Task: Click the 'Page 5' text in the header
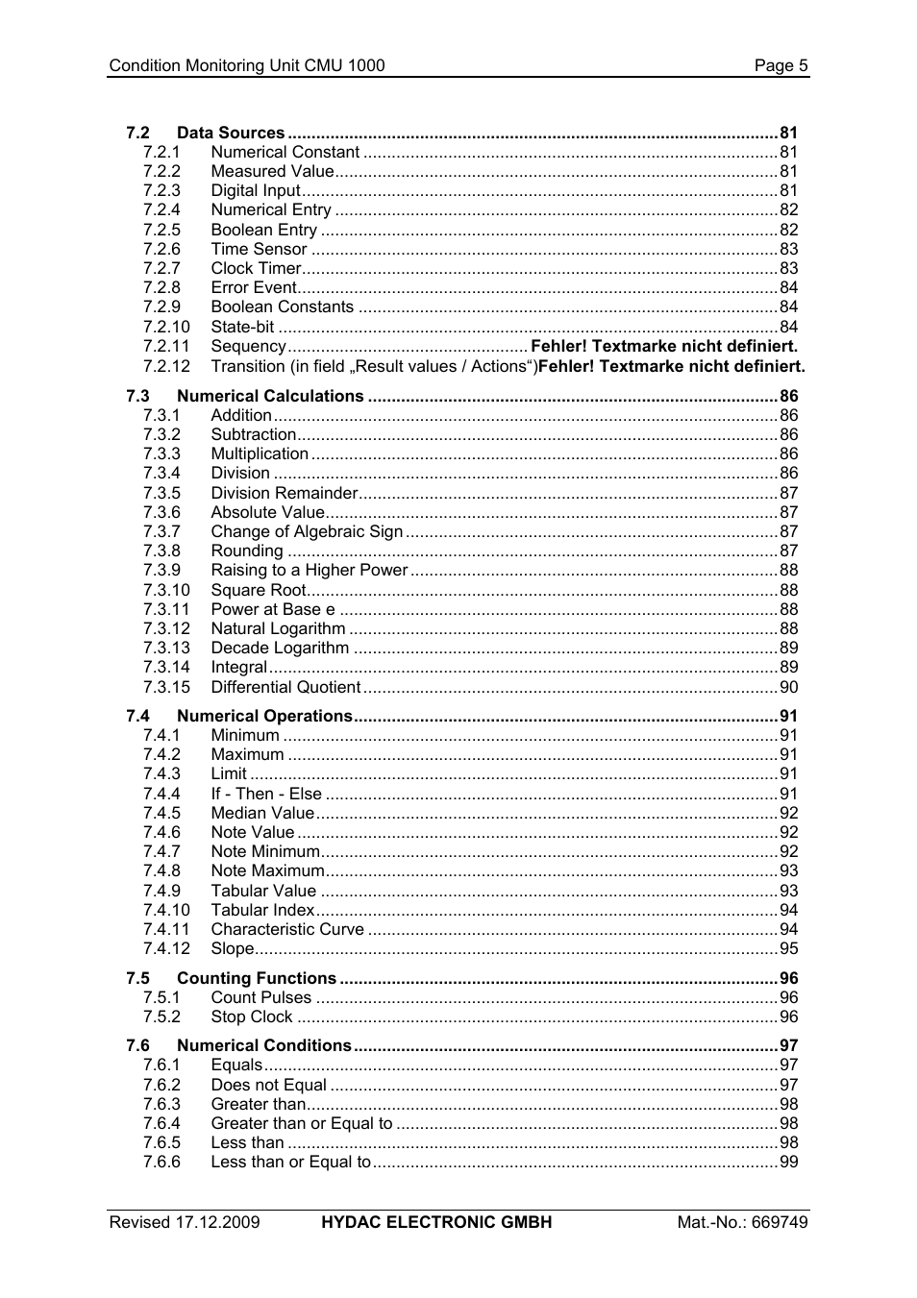[x=781, y=65]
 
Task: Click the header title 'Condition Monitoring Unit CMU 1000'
[x=247, y=65]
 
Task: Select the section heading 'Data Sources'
[x=231, y=133]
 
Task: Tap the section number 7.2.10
[x=166, y=327]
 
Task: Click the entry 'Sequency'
[x=248, y=346]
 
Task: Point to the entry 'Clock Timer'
[x=256, y=268]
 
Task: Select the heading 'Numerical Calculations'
[x=270, y=396]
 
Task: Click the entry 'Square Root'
[x=258, y=590]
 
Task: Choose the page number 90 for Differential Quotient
[x=788, y=687]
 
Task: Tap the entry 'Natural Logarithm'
[x=278, y=628]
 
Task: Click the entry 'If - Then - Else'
[x=266, y=794]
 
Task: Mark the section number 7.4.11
[x=166, y=929]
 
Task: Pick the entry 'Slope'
[x=232, y=948]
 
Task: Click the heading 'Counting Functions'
[x=257, y=978]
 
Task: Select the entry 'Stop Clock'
[x=251, y=1016]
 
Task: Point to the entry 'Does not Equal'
[x=268, y=1085]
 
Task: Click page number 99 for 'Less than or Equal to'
[x=788, y=1162]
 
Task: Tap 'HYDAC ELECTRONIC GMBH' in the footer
[x=436, y=1222]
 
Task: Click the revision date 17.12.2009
[x=217, y=1222]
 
